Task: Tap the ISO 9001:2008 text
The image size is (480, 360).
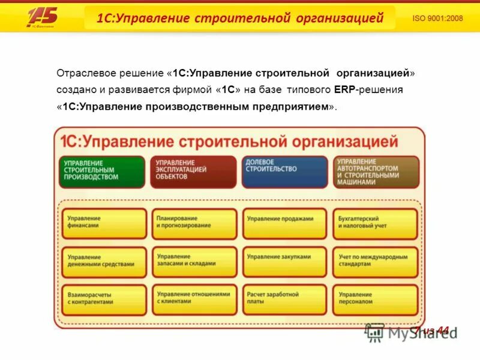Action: click(x=437, y=18)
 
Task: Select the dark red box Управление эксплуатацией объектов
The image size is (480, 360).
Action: click(x=193, y=172)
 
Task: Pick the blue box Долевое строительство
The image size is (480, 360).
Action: click(x=284, y=172)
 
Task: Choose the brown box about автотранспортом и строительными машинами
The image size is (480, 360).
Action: click(x=376, y=172)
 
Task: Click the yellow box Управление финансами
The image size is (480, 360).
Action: click(x=104, y=223)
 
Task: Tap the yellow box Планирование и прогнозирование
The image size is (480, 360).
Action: click(x=194, y=223)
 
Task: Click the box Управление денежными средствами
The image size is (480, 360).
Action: click(x=104, y=262)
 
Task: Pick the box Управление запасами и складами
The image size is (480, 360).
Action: click(x=194, y=262)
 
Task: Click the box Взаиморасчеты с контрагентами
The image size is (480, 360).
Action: click(x=104, y=299)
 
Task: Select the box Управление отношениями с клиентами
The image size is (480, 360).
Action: click(x=194, y=299)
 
